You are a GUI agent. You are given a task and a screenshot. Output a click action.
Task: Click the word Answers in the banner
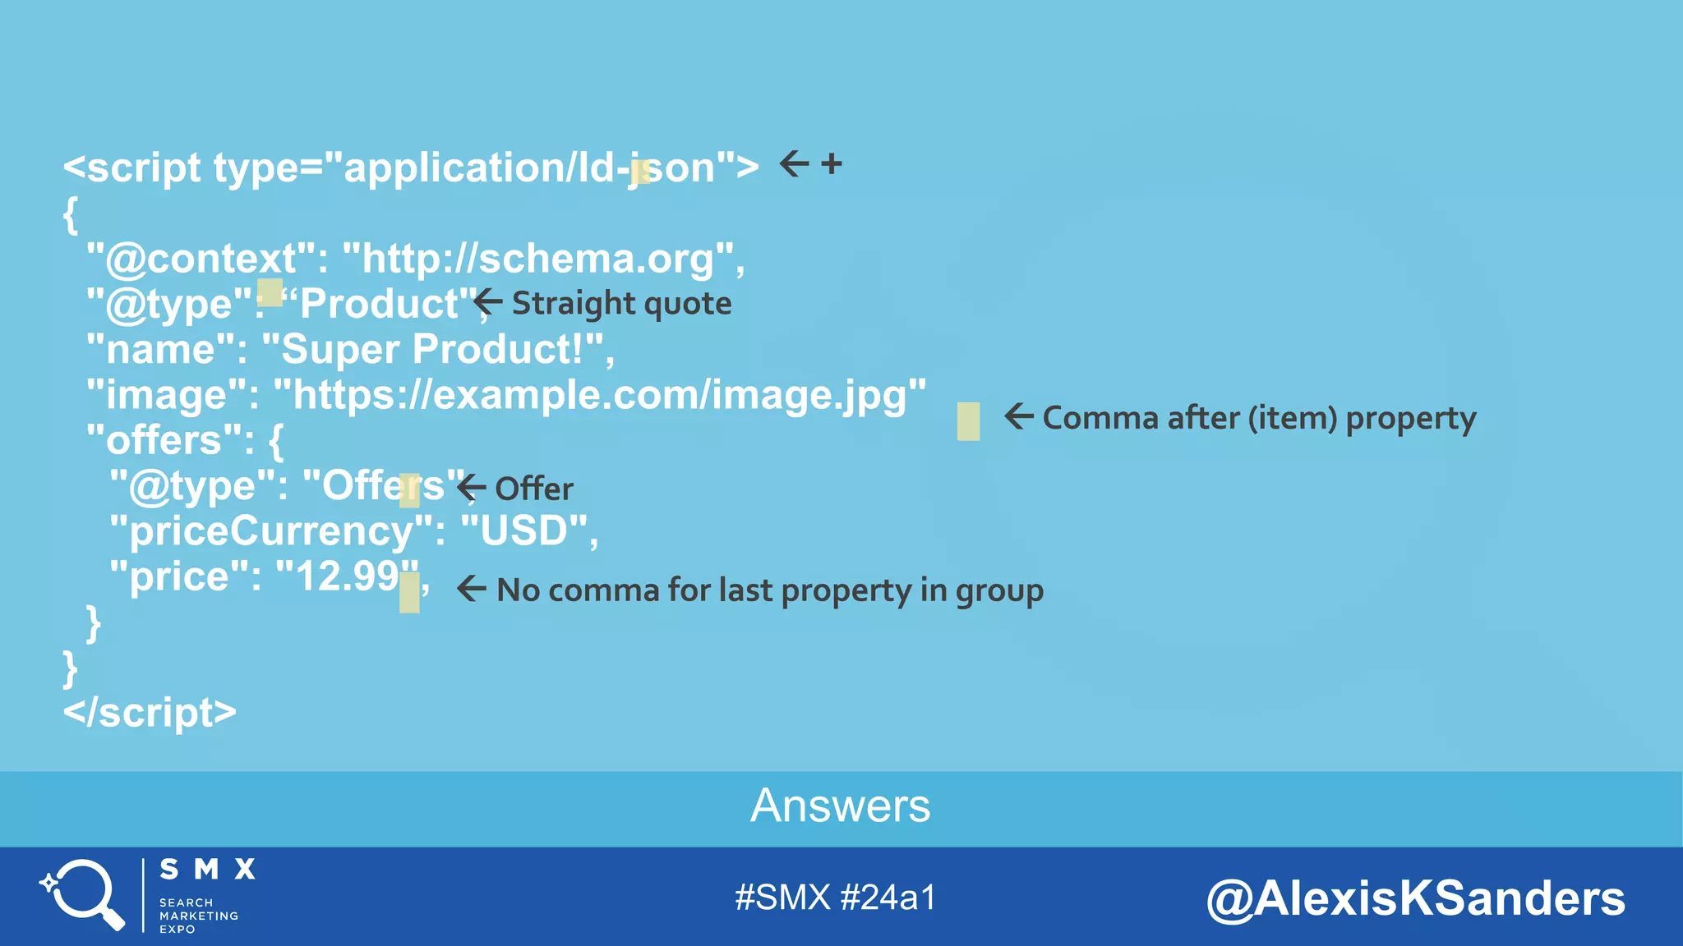[x=840, y=806]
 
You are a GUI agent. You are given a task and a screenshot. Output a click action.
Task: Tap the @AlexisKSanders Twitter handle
[x=1415, y=898]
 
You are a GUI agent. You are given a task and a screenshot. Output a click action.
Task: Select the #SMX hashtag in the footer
[x=782, y=898]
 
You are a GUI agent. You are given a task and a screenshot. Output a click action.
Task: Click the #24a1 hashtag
[x=888, y=898]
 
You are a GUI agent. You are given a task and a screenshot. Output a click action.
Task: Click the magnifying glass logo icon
[x=82, y=893]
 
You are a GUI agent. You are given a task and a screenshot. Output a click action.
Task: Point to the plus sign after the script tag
[x=832, y=163]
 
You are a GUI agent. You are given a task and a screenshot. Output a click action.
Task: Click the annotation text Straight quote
[x=621, y=303]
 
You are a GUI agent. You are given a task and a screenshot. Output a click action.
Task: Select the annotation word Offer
[x=534, y=489]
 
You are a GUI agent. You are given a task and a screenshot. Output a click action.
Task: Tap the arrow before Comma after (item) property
[x=1018, y=416]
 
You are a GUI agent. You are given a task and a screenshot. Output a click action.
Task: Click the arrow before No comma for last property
[x=471, y=588]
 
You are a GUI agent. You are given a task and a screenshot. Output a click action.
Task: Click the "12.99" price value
[x=345, y=576]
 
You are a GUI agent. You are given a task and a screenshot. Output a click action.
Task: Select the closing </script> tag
[x=150, y=712]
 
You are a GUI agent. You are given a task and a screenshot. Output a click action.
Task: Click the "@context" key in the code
[x=201, y=259]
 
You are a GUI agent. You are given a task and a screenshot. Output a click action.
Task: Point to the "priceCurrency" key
[x=271, y=530]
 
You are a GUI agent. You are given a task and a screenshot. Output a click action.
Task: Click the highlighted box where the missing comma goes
[x=968, y=421]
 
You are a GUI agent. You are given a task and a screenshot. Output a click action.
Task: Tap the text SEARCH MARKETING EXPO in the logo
[x=198, y=916]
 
